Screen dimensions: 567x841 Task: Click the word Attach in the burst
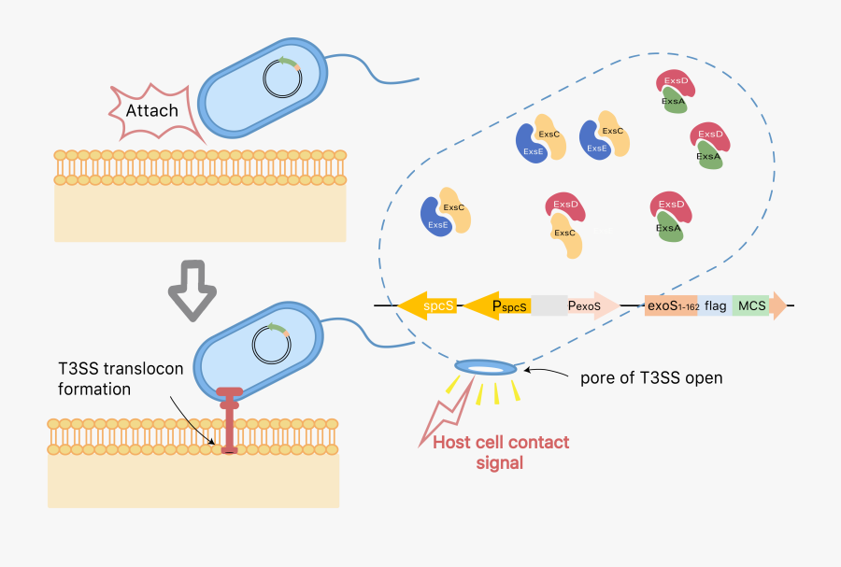click(152, 110)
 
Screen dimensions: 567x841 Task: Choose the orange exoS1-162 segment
click(671, 305)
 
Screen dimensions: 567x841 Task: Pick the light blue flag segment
click(715, 305)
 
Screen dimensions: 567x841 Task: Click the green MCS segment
click(750, 305)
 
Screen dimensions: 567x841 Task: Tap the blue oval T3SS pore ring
click(485, 367)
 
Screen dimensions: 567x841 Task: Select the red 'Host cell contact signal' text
click(501, 451)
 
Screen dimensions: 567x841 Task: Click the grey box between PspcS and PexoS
click(549, 305)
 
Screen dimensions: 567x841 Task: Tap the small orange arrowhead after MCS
click(777, 305)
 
